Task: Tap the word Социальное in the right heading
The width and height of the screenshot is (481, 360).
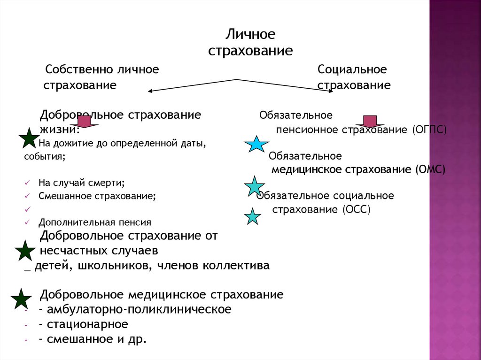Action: point(352,70)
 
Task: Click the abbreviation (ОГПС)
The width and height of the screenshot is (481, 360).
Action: point(429,130)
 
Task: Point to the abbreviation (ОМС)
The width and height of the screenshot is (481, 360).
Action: point(430,169)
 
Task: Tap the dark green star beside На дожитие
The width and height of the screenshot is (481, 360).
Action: point(29,138)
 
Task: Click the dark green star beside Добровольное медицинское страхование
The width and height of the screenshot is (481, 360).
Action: point(21,299)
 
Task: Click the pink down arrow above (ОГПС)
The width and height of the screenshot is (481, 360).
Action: point(370,121)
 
